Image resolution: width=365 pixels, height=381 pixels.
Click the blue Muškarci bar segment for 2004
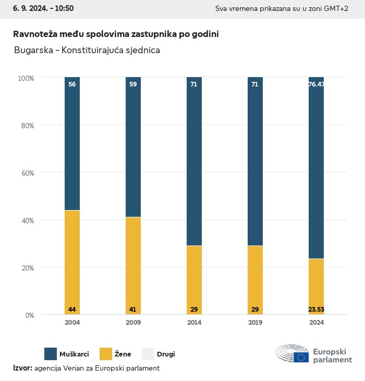tap(72, 143)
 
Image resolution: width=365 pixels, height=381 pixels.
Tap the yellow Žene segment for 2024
tap(316, 287)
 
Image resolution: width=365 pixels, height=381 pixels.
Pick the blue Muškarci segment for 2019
tap(255, 162)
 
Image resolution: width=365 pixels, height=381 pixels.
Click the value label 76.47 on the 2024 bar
tap(316, 84)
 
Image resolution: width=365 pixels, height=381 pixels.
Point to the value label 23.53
tap(316, 310)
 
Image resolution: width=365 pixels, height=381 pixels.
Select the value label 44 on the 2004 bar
tap(72, 310)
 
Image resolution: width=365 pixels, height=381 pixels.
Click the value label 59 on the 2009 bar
tap(133, 84)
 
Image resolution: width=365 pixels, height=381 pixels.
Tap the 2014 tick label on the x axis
tap(194, 323)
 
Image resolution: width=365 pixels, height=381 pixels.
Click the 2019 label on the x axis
tap(255, 323)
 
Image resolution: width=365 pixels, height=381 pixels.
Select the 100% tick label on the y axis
tap(26, 78)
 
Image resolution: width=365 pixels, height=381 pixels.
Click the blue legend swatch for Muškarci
tap(51, 354)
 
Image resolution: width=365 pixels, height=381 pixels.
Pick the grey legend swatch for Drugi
tap(148, 354)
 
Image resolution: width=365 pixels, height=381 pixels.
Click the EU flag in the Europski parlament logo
tap(301, 357)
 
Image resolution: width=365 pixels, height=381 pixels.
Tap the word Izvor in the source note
tap(22, 368)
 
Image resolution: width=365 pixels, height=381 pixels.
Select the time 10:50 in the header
tap(64, 8)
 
